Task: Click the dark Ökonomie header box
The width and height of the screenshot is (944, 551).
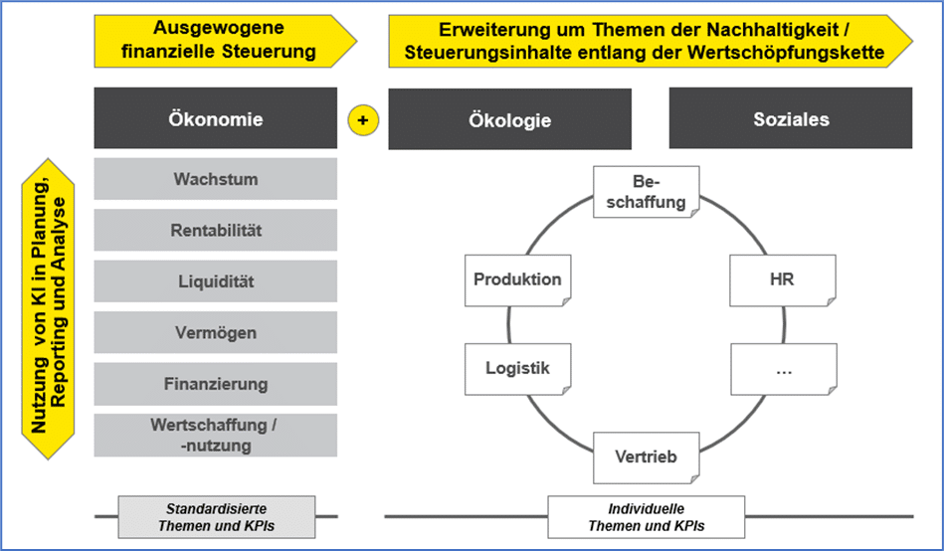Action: tap(215, 119)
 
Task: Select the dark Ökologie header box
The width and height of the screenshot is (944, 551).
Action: tap(509, 120)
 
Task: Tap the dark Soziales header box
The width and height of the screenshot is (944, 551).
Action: tap(791, 119)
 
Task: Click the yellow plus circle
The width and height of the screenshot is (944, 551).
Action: tap(363, 119)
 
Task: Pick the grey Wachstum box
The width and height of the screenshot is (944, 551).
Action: tap(215, 180)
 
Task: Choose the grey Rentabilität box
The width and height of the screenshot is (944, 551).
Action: tap(215, 231)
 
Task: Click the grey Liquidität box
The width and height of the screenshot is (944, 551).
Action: tap(215, 281)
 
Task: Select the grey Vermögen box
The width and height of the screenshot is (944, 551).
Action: tap(215, 333)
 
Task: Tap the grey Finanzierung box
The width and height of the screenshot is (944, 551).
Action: tap(215, 384)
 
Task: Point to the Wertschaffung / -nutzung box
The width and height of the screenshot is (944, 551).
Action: tap(215, 435)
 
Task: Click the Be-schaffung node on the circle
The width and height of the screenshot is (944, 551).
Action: tap(647, 193)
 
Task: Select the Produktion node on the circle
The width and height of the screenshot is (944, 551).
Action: tap(517, 280)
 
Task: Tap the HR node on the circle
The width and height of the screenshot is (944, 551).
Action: tap(781, 280)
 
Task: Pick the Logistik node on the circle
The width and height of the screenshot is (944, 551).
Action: tap(517, 368)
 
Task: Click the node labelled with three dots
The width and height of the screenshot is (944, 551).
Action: tap(782, 369)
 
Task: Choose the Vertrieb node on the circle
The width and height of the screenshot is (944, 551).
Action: tap(647, 457)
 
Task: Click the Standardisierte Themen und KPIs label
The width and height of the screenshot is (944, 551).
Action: tap(216, 516)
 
